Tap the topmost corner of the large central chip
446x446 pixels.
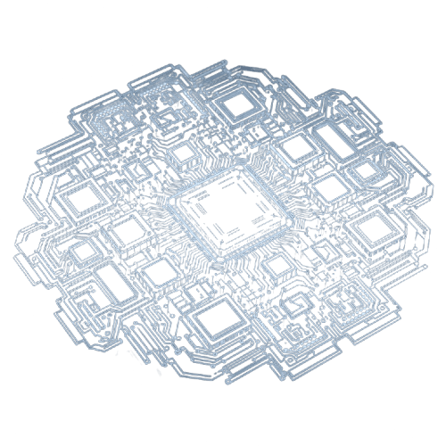(x=238, y=169)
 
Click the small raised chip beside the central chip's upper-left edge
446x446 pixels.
(x=183, y=154)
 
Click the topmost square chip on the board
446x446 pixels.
(x=238, y=106)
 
